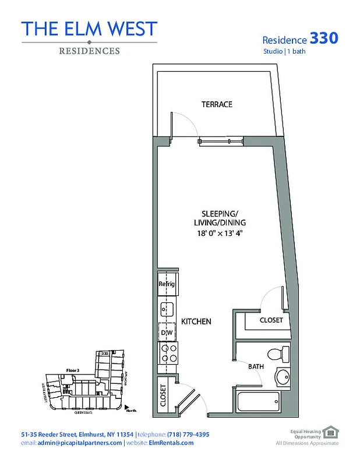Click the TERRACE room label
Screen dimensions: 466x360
coord(217,104)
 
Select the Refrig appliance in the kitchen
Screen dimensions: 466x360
coord(167,284)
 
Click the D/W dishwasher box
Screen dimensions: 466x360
coord(167,332)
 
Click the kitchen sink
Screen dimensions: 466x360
coord(167,308)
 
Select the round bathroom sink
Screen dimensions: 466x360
coord(283,377)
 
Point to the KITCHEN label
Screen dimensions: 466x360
coord(196,322)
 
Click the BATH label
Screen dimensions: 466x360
coord(256,367)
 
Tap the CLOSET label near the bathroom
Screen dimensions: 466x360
coord(271,320)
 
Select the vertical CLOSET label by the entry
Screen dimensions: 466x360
coord(164,396)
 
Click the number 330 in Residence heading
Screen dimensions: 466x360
coord(323,38)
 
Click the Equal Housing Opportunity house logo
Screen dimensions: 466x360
coord(330,432)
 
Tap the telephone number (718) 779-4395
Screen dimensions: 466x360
coord(185,435)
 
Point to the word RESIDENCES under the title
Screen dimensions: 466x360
coord(89,51)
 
